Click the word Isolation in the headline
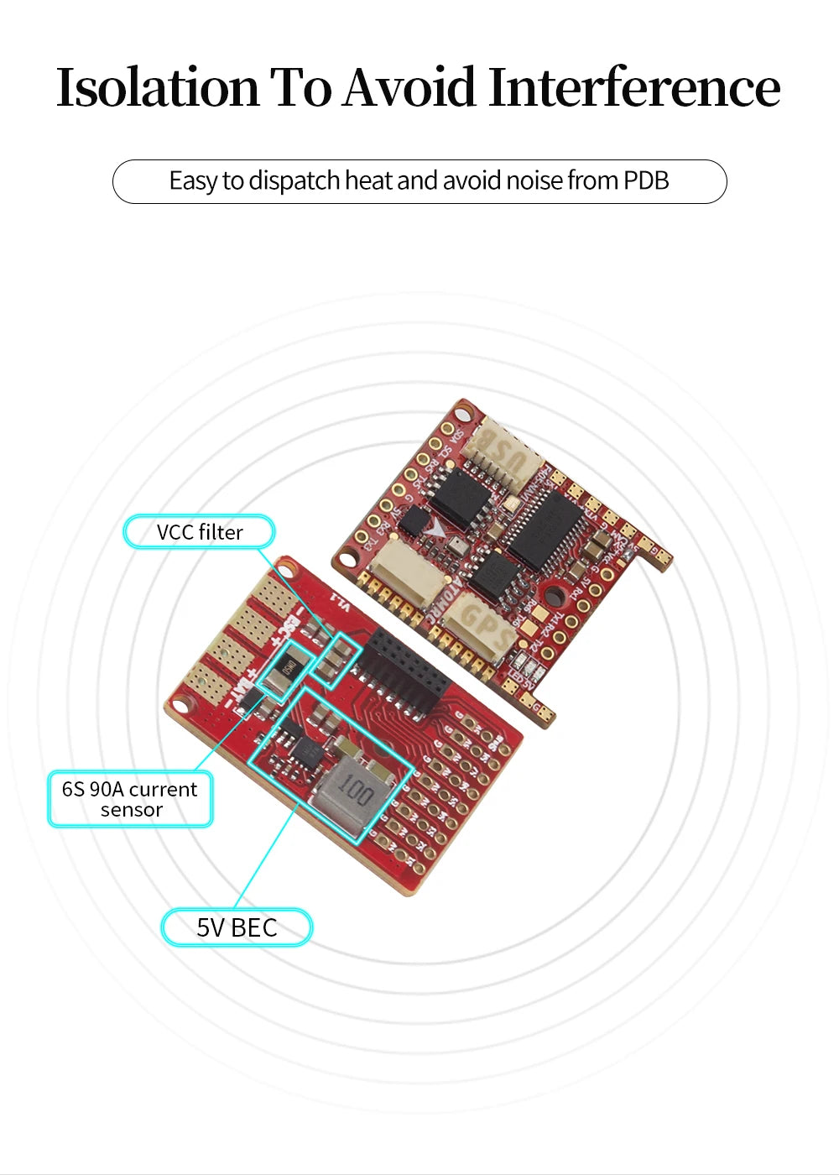[158, 87]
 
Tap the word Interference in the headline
[633, 87]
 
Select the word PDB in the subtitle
[645, 180]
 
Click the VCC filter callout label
[199, 532]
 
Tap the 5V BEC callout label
[237, 927]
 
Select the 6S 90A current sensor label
[130, 799]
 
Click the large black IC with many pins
[550, 527]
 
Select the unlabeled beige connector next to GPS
[405, 571]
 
